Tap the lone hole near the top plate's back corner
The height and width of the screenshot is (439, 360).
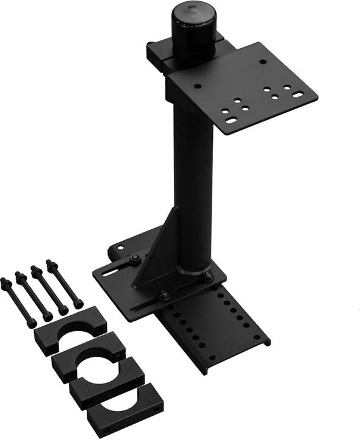263,61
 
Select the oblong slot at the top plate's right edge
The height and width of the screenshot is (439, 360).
297,95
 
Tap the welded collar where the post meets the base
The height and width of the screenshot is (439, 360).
193,268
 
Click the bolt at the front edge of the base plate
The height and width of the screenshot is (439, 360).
164,296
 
